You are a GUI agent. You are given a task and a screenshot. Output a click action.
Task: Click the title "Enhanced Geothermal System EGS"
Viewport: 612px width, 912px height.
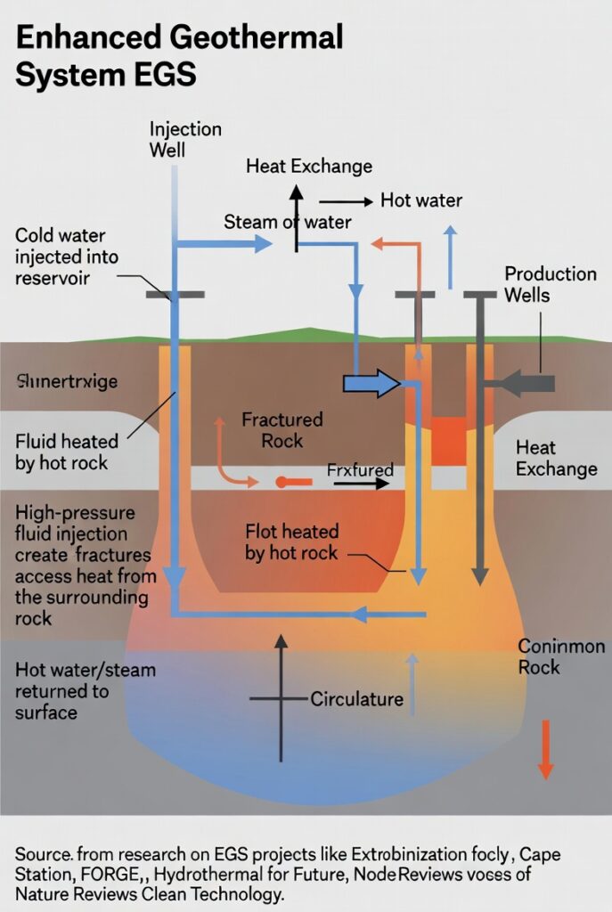(x=179, y=55)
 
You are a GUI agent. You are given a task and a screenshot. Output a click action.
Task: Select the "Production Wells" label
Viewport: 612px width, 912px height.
(x=551, y=284)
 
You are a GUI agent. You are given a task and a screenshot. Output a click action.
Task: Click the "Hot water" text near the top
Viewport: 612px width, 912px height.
(x=421, y=199)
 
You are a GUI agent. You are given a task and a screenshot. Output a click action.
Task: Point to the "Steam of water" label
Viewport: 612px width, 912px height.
(x=287, y=223)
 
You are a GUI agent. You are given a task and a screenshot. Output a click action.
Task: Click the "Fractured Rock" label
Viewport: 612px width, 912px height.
(x=282, y=429)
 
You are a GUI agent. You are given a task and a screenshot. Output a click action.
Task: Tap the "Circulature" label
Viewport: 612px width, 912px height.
(x=356, y=698)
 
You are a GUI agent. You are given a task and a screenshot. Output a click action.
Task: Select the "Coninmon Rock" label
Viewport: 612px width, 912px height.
(x=561, y=656)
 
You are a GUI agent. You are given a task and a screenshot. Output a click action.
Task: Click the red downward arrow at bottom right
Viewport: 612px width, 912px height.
(x=546, y=749)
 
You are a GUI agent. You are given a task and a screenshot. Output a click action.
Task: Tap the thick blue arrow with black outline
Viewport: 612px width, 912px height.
(x=372, y=384)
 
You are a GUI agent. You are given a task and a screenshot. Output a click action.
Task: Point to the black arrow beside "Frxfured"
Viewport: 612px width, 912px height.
(x=362, y=484)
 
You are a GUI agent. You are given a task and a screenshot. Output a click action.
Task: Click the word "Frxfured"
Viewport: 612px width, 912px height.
(x=359, y=468)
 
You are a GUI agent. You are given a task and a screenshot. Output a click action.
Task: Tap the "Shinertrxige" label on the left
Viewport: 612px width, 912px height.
(x=67, y=382)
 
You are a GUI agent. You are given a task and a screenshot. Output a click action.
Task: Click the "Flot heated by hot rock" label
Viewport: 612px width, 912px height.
(x=291, y=542)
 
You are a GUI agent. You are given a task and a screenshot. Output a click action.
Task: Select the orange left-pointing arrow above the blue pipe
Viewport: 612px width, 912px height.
(x=389, y=242)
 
